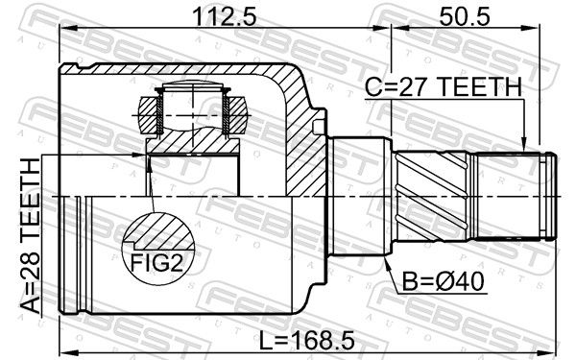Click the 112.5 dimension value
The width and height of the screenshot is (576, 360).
click(x=224, y=17)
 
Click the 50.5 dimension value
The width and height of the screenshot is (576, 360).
click(x=465, y=17)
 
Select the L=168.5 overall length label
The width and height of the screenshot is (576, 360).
click(x=306, y=340)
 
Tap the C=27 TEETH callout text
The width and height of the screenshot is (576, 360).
click(x=444, y=87)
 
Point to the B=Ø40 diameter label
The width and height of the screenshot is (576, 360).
click(x=443, y=281)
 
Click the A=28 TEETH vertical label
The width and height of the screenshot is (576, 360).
click(x=30, y=235)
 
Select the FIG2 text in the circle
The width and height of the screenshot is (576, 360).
click(x=157, y=262)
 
